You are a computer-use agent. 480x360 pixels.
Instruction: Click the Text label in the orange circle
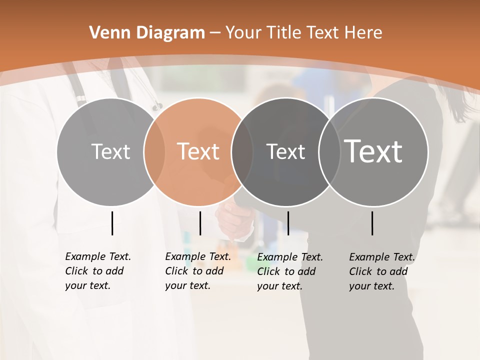(198, 151)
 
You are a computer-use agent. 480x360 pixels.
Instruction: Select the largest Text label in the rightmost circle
(373, 151)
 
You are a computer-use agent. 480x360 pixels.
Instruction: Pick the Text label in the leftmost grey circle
(111, 151)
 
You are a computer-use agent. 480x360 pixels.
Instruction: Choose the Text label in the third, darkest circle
(285, 151)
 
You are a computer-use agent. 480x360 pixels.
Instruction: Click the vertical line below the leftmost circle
(112, 223)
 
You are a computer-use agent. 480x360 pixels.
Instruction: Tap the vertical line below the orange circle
(200, 223)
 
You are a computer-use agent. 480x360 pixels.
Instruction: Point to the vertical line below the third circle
(288, 223)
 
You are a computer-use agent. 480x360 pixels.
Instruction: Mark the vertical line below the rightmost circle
(372, 223)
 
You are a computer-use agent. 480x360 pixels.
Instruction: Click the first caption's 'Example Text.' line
(98, 256)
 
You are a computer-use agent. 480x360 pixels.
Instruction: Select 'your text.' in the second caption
(187, 285)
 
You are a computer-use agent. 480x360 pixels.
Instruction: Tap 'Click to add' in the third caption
(286, 271)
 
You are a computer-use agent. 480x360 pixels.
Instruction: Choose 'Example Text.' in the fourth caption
(382, 257)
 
